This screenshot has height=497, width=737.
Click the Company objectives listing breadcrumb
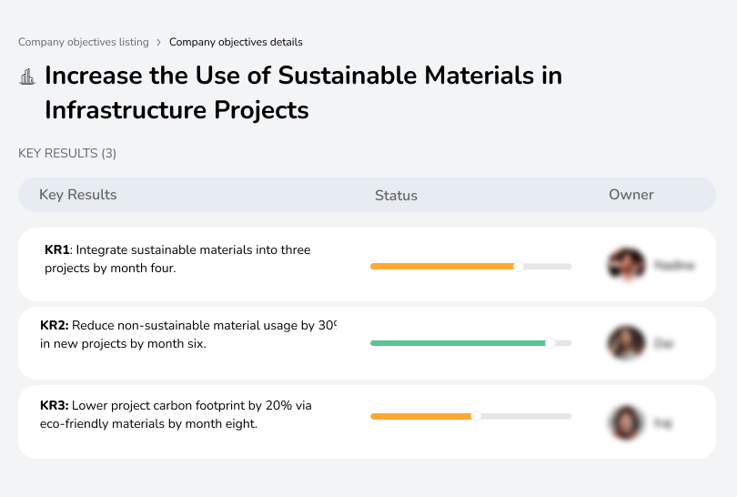(83, 42)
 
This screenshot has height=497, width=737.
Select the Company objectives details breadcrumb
(236, 42)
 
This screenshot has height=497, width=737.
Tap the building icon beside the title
(27, 76)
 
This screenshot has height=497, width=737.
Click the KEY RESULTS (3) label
(67, 153)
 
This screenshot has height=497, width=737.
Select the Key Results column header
(78, 195)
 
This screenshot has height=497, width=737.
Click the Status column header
(396, 195)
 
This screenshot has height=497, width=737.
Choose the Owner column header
(631, 195)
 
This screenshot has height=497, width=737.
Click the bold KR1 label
(57, 249)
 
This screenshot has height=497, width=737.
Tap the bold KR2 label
(54, 325)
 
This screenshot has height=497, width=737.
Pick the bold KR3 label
(54, 406)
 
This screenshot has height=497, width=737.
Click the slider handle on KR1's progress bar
(519, 266)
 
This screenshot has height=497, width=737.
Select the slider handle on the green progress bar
(550, 343)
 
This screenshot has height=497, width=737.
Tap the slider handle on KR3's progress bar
(475, 416)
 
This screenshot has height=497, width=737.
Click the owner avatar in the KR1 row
(626, 265)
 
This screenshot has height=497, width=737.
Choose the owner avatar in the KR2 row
(626, 343)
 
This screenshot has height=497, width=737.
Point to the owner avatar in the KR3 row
(626, 422)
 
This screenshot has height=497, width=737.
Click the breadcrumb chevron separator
(158, 42)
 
